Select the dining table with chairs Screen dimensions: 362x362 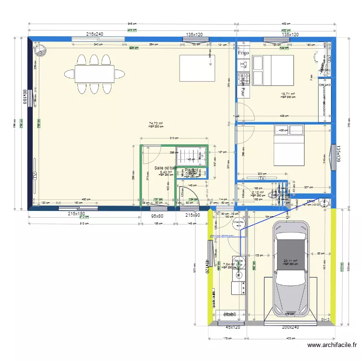coord(94,74)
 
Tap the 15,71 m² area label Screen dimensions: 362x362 coord(288,94)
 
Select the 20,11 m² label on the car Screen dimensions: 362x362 coord(290,261)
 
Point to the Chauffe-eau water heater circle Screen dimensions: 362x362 coord(238,223)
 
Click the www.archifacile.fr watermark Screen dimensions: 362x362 coord(333,345)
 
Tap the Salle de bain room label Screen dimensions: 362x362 coord(164,168)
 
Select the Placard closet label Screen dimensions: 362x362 coord(191,170)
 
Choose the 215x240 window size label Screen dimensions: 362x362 coord(95,34)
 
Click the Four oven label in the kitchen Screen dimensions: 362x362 coord(243,90)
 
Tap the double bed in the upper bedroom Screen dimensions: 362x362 coord(273,70)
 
